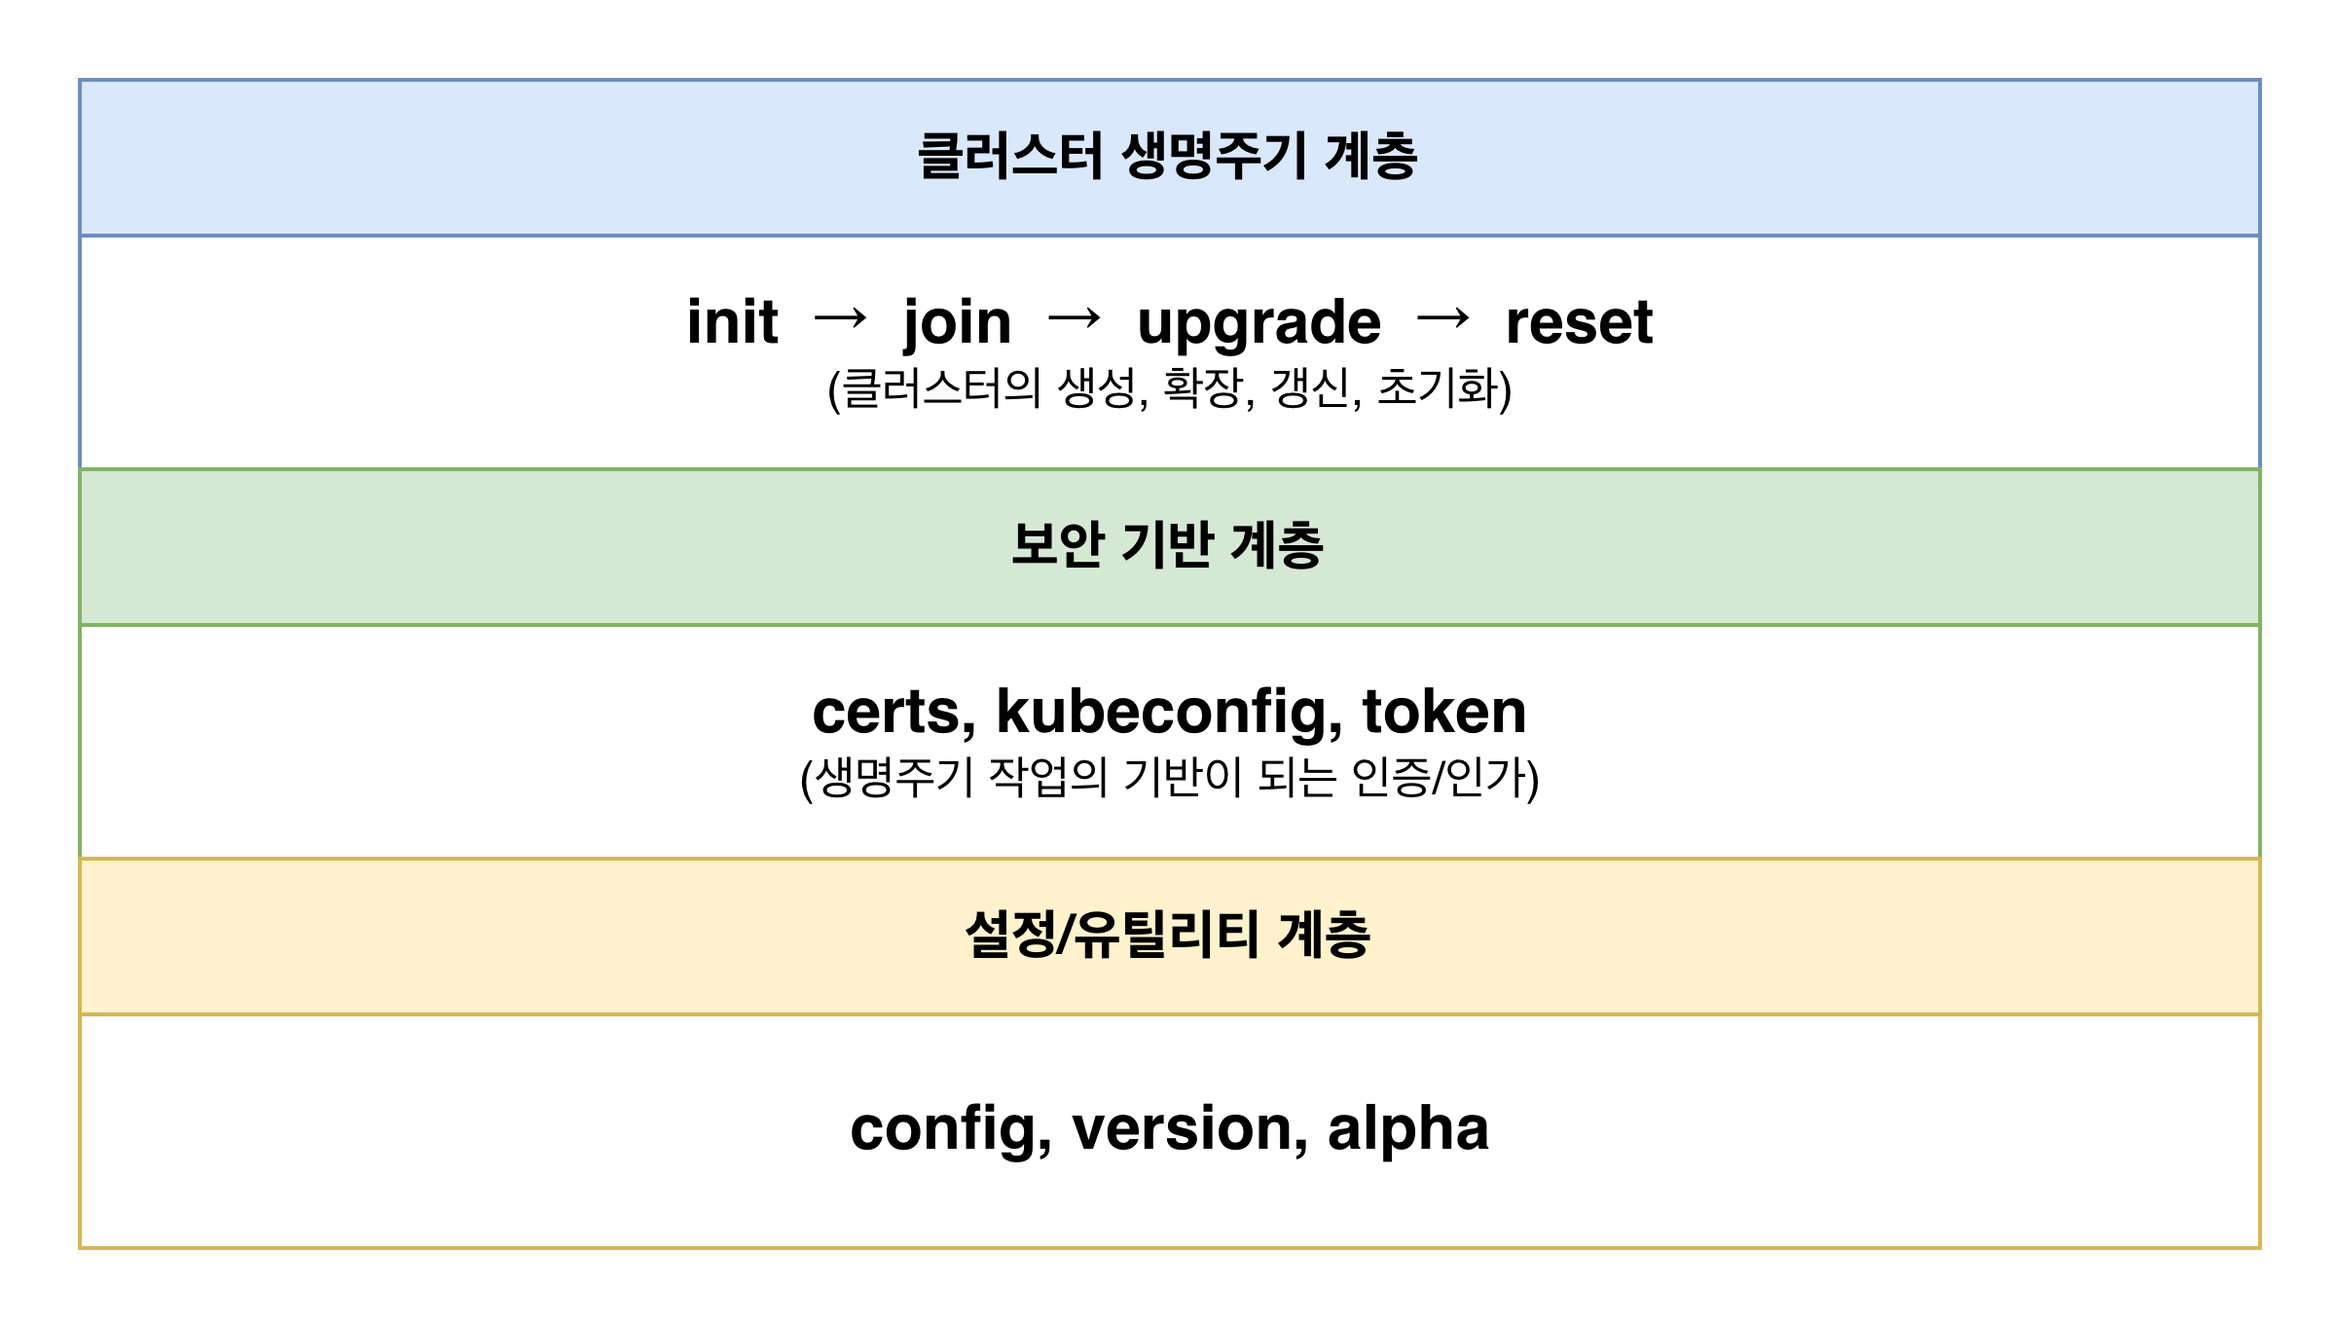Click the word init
732,321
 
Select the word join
957,325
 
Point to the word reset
1579,323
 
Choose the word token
1444,712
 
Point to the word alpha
1408,1131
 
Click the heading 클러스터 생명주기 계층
1168,157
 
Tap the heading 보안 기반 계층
1168,545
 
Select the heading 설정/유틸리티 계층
1168,935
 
